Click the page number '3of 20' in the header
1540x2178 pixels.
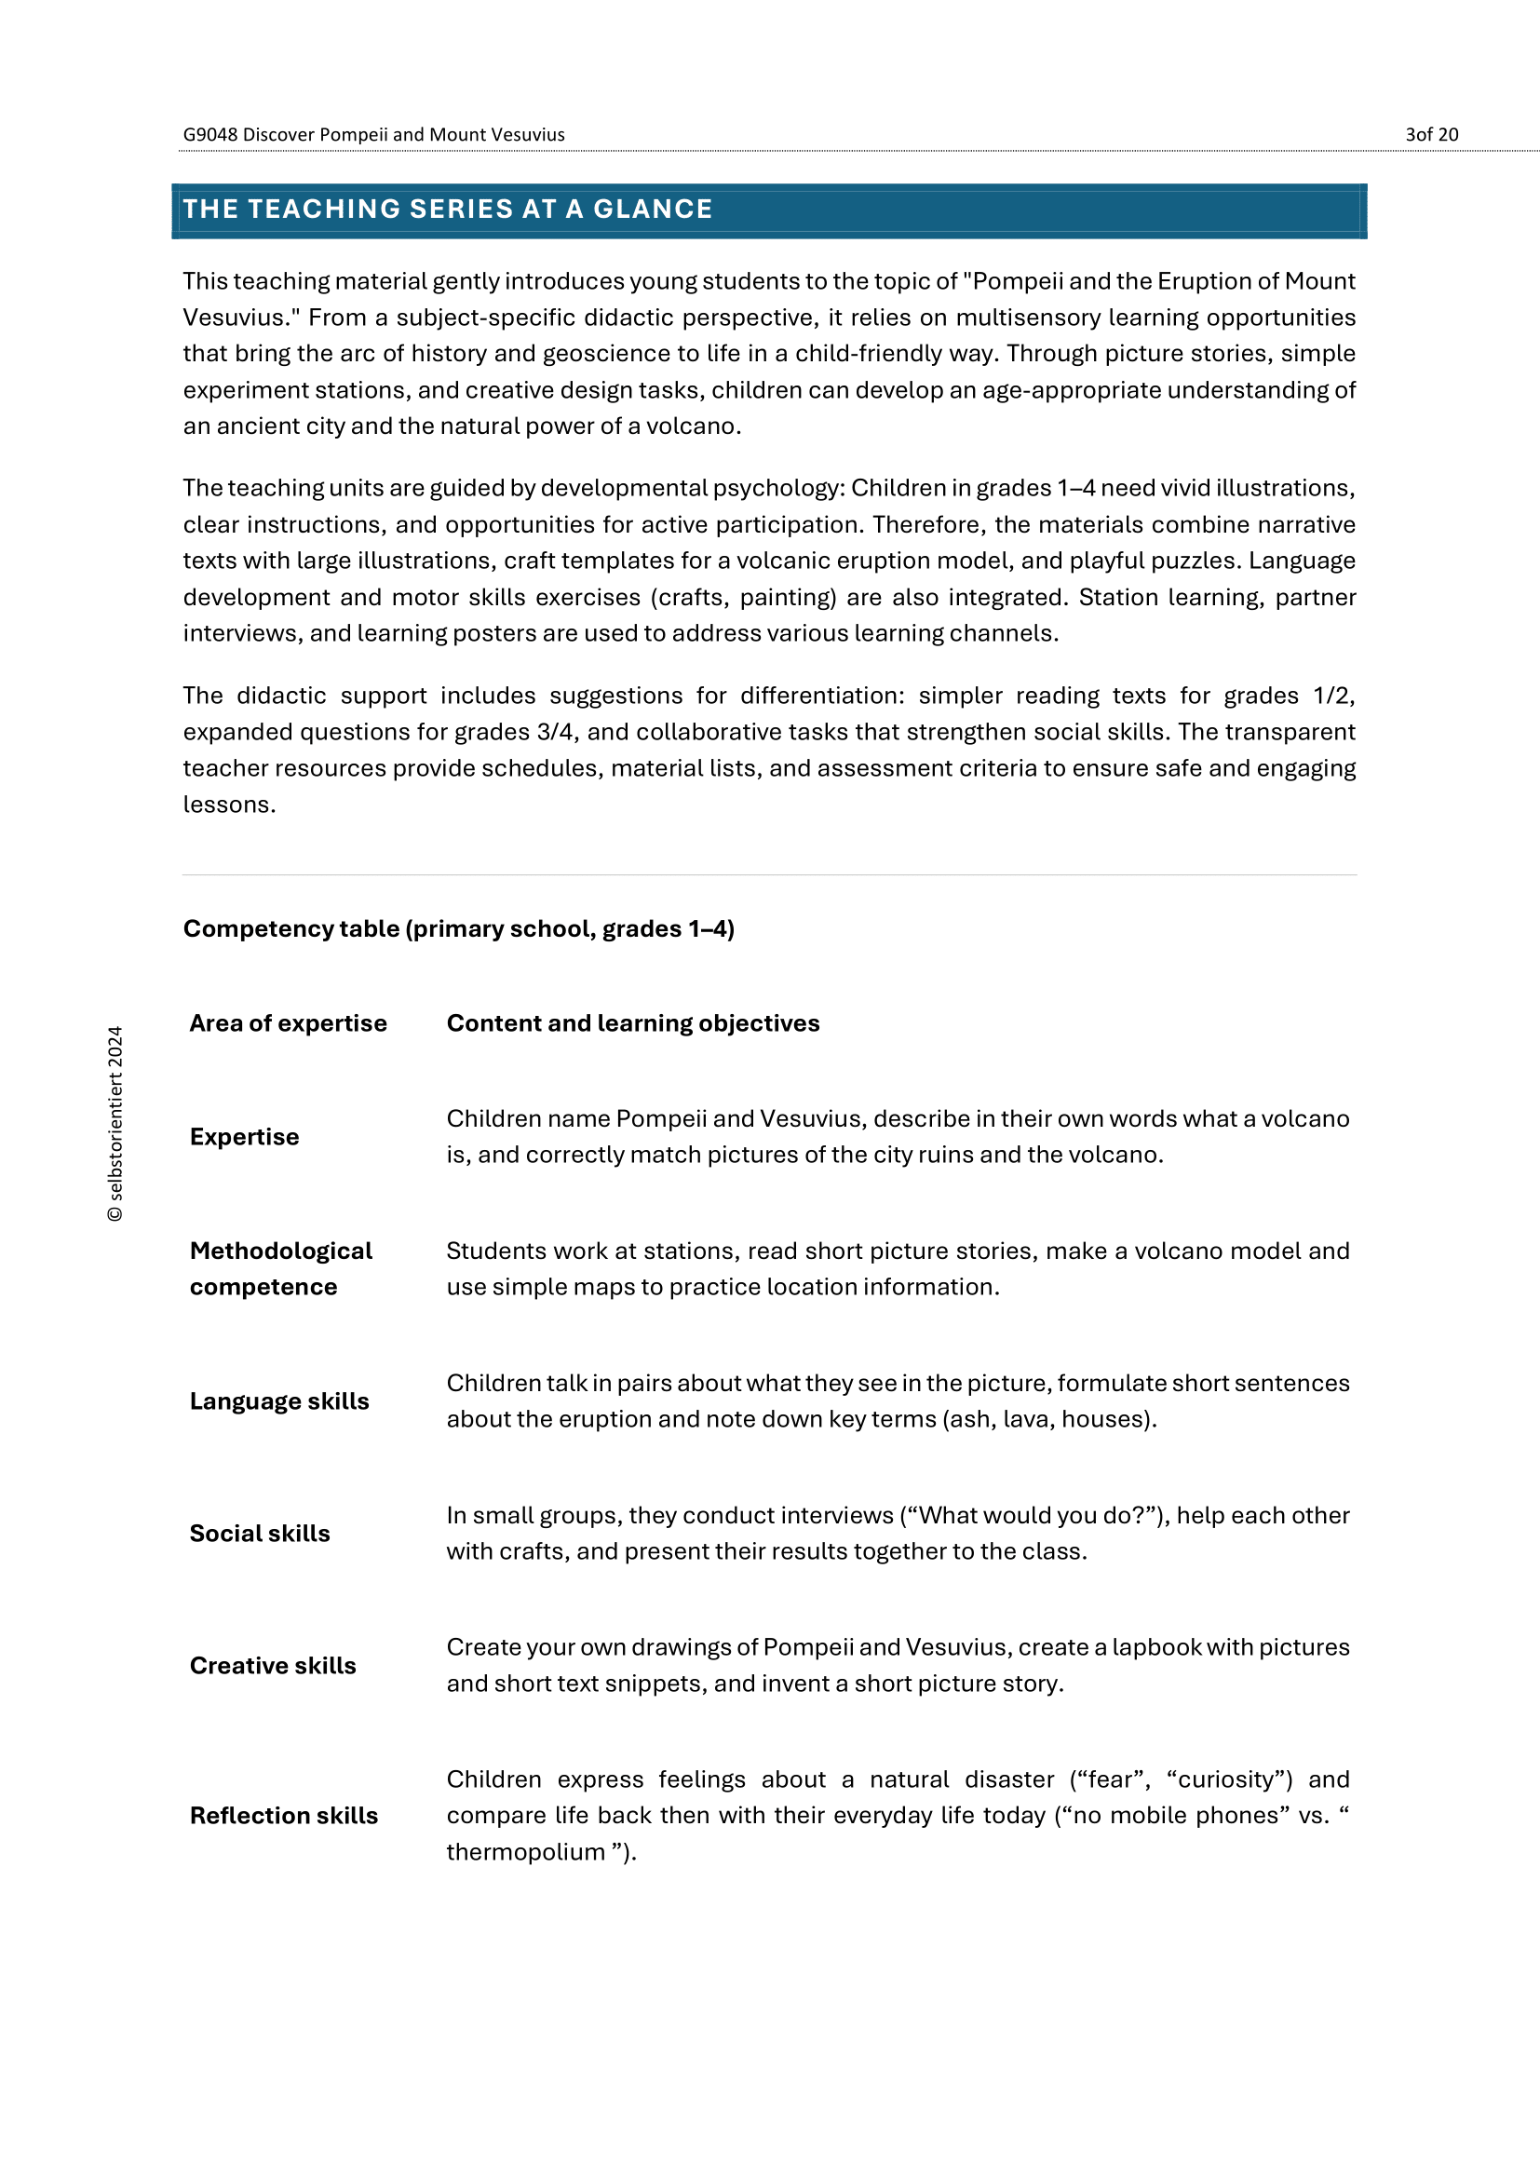click(x=1431, y=135)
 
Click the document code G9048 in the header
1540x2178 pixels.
click(x=209, y=135)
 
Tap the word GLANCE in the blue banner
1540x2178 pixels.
click(x=653, y=209)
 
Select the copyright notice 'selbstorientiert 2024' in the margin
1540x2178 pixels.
click(x=115, y=1123)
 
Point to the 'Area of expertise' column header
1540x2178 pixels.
click(x=289, y=1022)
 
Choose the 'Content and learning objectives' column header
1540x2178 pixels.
click(x=632, y=1022)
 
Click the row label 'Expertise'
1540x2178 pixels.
click(x=244, y=1136)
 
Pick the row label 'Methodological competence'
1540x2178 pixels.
click(x=280, y=1268)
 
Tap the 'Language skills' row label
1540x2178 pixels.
click(x=278, y=1401)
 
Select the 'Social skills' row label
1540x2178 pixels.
click(x=260, y=1533)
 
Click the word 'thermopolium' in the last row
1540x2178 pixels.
click(x=525, y=1852)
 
